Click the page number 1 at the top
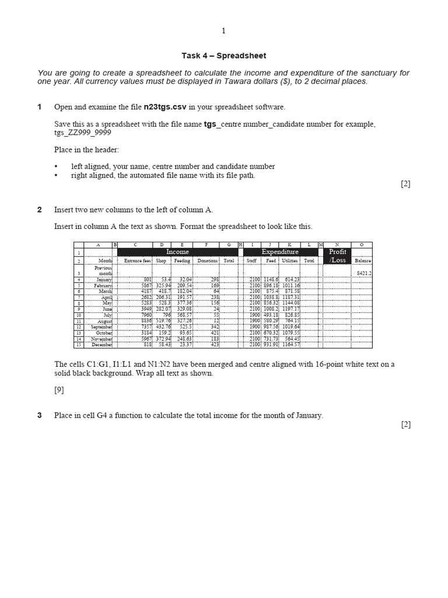click(x=223, y=31)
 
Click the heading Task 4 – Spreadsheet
click(x=223, y=56)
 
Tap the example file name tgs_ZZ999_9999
click(x=82, y=133)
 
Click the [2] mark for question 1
click(x=405, y=183)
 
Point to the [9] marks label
click(x=59, y=390)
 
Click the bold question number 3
click(x=40, y=416)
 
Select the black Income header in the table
click(x=177, y=252)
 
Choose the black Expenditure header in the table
click(x=280, y=252)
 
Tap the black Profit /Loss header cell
click(x=338, y=256)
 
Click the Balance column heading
click(x=362, y=260)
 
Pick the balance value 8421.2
click(x=364, y=273)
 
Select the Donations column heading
click(x=207, y=260)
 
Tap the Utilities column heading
click(x=289, y=260)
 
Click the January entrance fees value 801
click(x=146, y=280)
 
